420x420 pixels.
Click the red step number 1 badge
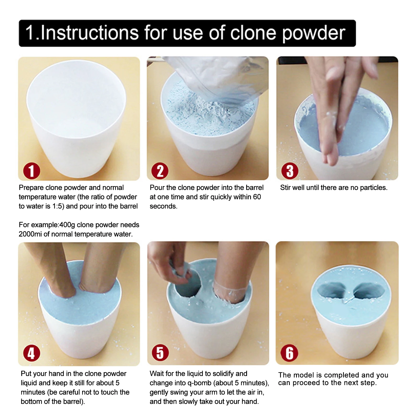pyautogui.click(x=31, y=171)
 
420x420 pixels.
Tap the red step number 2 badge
pyautogui.click(x=160, y=171)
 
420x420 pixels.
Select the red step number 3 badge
pyautogui.click(x=290, y=171)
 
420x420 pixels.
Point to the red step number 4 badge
pyautogui.click(x=31, y=353)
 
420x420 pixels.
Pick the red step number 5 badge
pyautogui.click(x=160, y=353)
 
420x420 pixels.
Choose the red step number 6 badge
pyautogui.click(x=289, y=353)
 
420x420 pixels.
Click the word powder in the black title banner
pyautogui.click(x=313, y=34)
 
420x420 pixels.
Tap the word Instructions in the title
pyautogui.click(x=89, y=33)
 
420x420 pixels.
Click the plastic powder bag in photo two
pyautogui.click(x=218, y=79)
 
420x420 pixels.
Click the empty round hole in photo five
pyautogui.click(x=188, y=285)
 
